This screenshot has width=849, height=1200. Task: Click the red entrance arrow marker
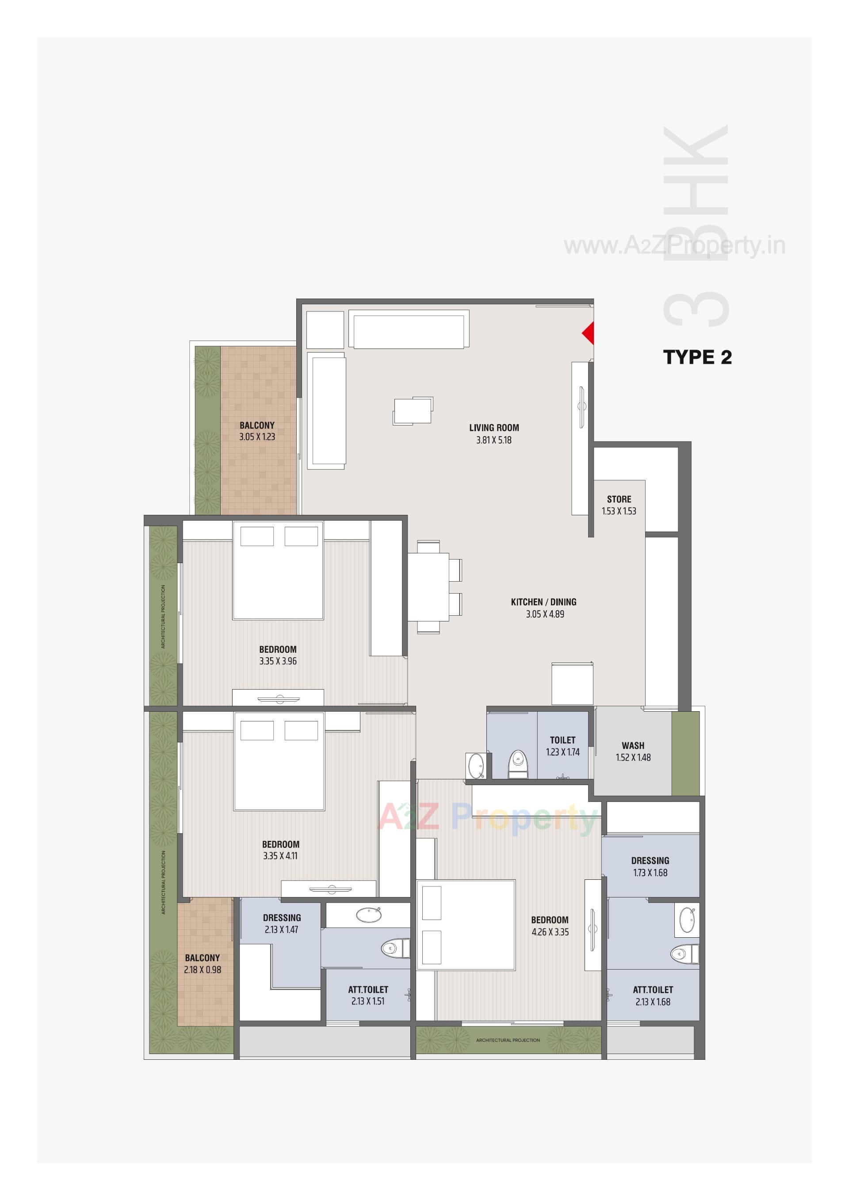click(x=589, y=333)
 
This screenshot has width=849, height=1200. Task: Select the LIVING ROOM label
click(x=493, y=428)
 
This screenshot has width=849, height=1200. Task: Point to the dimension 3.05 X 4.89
click(x=545, y=614)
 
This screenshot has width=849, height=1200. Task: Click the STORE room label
click(x=619, y=499)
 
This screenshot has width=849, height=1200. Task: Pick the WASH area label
click(x=633, y=746)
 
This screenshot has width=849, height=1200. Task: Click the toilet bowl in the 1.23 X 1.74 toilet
click(x=517, y=764)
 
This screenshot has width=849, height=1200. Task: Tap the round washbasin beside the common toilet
click(x=476, y=766)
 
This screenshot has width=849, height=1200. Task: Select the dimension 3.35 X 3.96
click(x=278, y=661)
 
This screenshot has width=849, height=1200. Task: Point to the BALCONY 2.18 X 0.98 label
click(x=203, y=964)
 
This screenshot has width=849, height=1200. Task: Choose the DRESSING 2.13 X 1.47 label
click(x=282, y=924)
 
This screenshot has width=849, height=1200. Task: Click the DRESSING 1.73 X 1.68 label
click(x=650, y=866)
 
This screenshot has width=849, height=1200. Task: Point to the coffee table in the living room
click(x=413, y=410)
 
